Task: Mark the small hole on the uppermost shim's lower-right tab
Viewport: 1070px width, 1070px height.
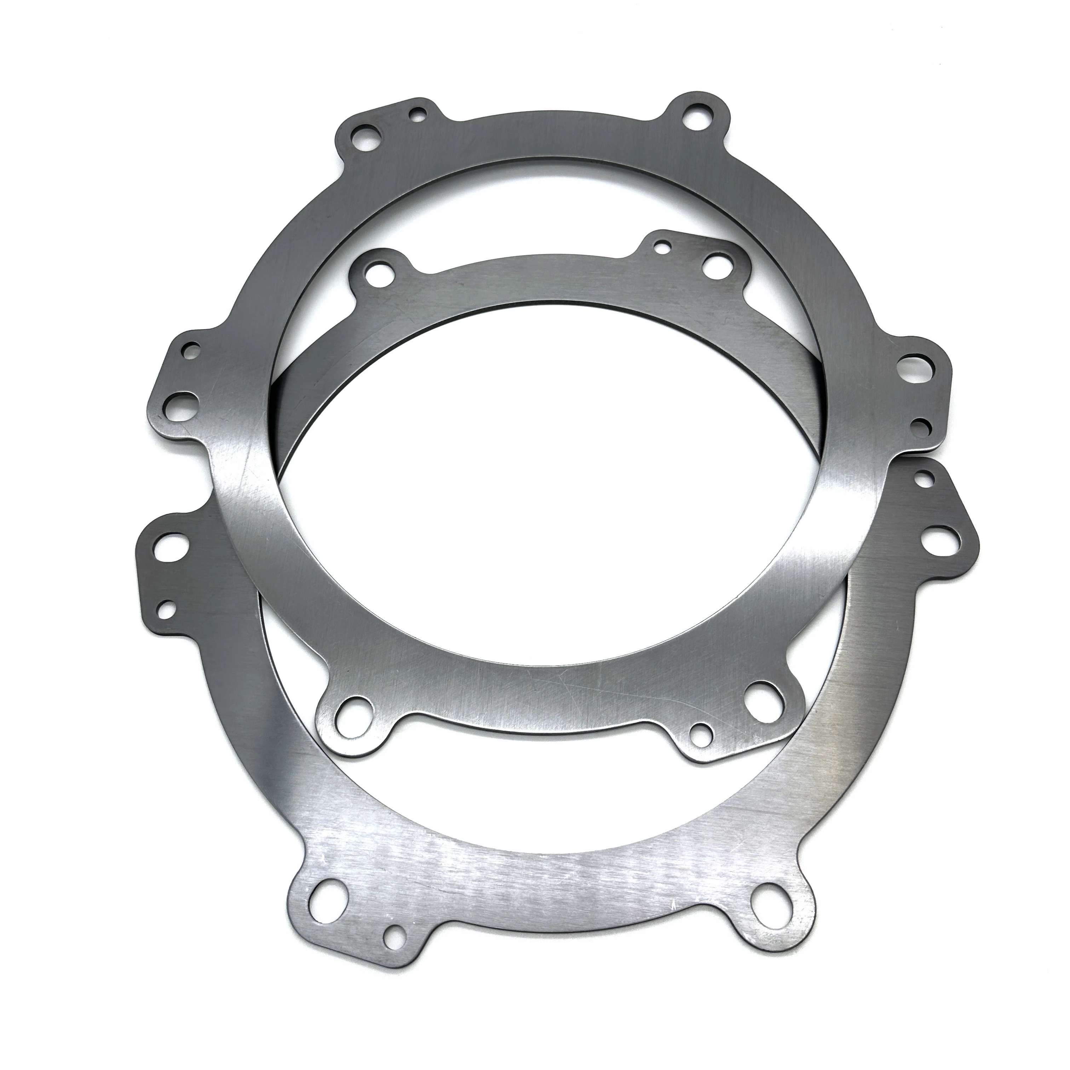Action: tap(700, 731)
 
